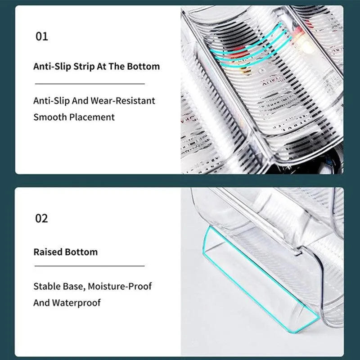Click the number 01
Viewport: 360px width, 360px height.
click(42, 36)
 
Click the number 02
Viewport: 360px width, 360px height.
click(41, 218)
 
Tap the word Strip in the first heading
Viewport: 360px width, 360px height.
click(84, 67)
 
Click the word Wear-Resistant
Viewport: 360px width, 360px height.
click(123, 101)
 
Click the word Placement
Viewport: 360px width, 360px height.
click(92, 117)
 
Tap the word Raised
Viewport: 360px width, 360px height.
click(48, 252)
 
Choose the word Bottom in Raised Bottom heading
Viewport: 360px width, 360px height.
click(81, 252)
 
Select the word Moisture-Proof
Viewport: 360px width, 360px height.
click(120, 286)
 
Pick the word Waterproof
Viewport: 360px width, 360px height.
click(76, 303)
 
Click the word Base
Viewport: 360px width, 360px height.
click(74, 287)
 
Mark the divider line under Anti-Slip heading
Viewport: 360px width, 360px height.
click(90, 84)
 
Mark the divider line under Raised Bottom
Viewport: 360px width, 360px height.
click(90, 266)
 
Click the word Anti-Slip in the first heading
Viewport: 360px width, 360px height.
click(52, 67)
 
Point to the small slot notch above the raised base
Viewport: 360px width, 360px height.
click(298, 253)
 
